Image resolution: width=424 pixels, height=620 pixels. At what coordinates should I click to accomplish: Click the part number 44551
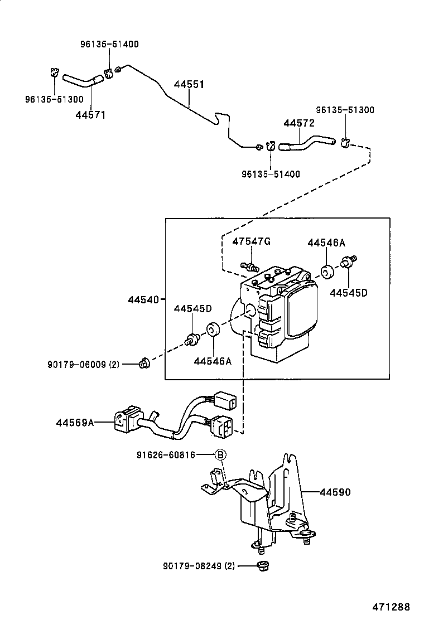click(189, 85)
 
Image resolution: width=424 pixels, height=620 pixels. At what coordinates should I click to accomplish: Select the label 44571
click(90, 115)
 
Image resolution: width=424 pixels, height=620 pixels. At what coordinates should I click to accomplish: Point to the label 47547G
click(251, 241)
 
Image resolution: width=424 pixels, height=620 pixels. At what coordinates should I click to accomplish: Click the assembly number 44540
click(143, 299)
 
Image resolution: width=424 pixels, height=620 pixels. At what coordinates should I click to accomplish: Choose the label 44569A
click(75, 423)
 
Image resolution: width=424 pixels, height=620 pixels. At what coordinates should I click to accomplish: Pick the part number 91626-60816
click(166, 455)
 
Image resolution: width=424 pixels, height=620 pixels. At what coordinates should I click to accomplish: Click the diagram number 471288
click(392, 607)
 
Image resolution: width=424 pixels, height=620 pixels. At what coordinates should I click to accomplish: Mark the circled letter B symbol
click(220, 456)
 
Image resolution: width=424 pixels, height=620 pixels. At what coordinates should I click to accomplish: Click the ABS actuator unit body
click(279, 312)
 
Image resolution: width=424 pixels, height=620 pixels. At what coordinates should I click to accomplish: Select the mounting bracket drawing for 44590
click(268, 502)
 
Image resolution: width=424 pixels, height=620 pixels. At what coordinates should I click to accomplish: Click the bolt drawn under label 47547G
click(248, 265)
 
